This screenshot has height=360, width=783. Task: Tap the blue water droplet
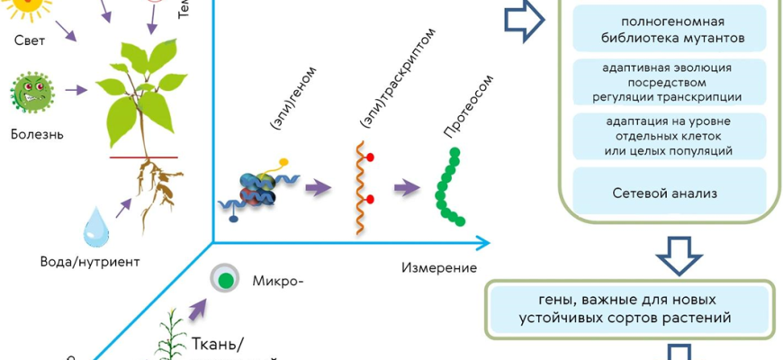[x=94, y=227]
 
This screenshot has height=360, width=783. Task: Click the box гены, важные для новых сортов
[x=629, y=308]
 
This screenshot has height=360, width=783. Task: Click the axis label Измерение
[x=438, y=267]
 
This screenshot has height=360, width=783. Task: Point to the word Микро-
[x=278, y=279]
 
